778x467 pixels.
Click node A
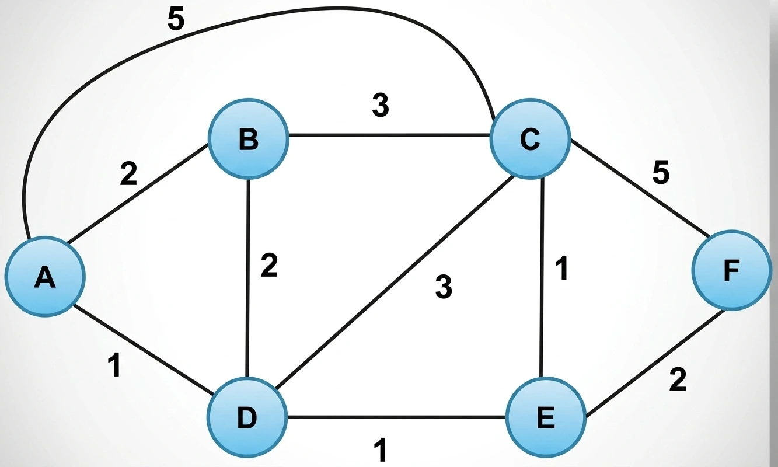(45, 277)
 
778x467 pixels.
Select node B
(248, 139)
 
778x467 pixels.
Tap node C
(530, 139)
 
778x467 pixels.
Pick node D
(247, 417)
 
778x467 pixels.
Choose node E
(546, 417)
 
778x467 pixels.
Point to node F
(732, 270)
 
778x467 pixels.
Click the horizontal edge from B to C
(389, 135)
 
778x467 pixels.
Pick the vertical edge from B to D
(248, 278)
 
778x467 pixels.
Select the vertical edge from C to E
(542, 278)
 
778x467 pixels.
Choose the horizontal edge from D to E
(397, 417)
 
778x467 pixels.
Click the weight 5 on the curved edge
(176, 19)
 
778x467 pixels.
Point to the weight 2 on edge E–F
(678, 380)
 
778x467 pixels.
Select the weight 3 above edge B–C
(381, 105)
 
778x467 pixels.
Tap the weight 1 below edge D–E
(381, 449)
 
